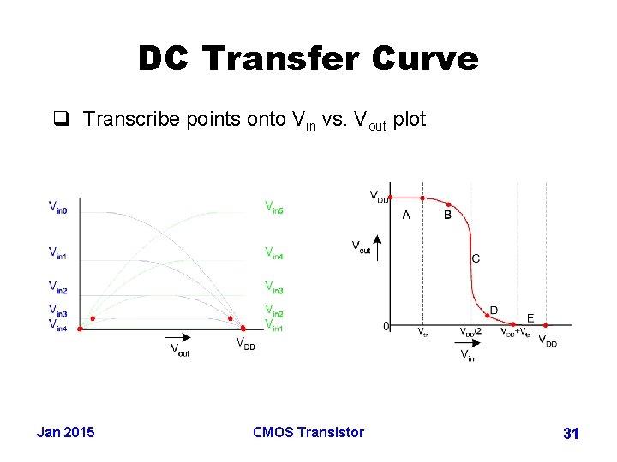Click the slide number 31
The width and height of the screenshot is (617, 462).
click(571, 435)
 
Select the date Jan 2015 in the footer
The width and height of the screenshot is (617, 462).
click(66, 432)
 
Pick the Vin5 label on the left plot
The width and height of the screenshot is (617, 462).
click(273, 207)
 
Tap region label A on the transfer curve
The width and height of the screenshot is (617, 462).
click(406, 216)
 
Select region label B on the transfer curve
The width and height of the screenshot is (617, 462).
click(447, 216)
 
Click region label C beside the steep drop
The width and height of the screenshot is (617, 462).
click(476, 258)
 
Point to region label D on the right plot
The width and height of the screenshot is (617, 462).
click(494, 310)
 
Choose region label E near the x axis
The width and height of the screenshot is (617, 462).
click(530, 317)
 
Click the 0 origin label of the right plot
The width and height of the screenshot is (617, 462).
click(386, 326)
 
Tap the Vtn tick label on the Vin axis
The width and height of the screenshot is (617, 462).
click(422, 332)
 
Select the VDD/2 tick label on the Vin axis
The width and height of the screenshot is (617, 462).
click(470, 332)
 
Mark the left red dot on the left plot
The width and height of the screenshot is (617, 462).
click(93, 318)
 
